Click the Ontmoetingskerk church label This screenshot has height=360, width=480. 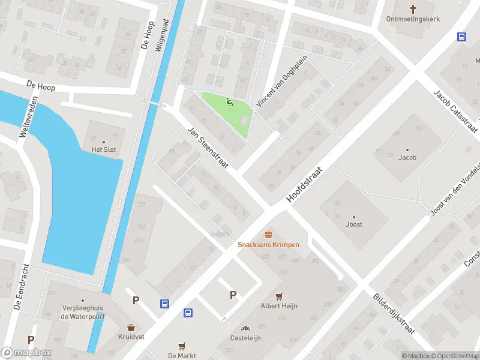[413, 19]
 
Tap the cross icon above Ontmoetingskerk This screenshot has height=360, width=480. [413, 8]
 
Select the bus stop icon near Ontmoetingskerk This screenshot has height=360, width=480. [461, 37]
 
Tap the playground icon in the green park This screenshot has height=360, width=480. [229, 103]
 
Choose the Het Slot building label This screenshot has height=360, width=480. [103, 149]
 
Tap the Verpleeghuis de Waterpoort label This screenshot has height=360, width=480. [83, 312]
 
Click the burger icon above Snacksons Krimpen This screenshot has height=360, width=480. [268, 234]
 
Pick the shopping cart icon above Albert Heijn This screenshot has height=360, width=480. [279, 296]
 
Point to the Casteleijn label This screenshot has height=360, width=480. [245, 338]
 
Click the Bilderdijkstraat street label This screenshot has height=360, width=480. [394, 314]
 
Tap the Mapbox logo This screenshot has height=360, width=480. [26, 353]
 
